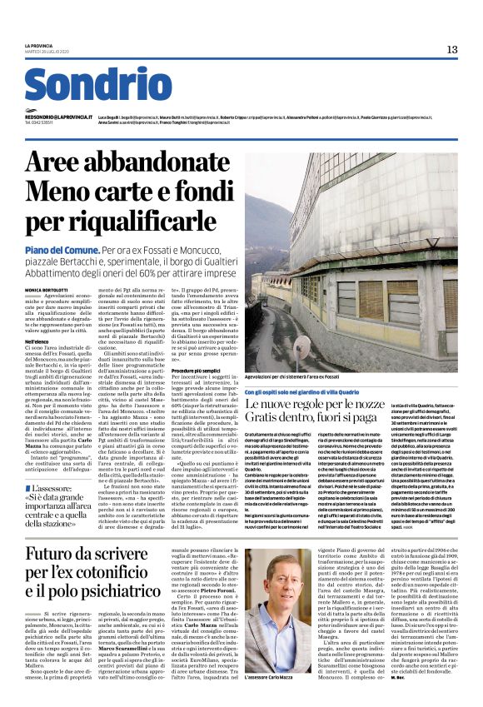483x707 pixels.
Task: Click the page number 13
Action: [x=452, y=49]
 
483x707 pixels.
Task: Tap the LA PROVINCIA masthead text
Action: [x=37, y=45]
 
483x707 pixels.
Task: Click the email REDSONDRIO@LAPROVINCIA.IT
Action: [x=58, y=118]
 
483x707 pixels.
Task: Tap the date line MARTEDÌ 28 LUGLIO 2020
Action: [x=45, y=52]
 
